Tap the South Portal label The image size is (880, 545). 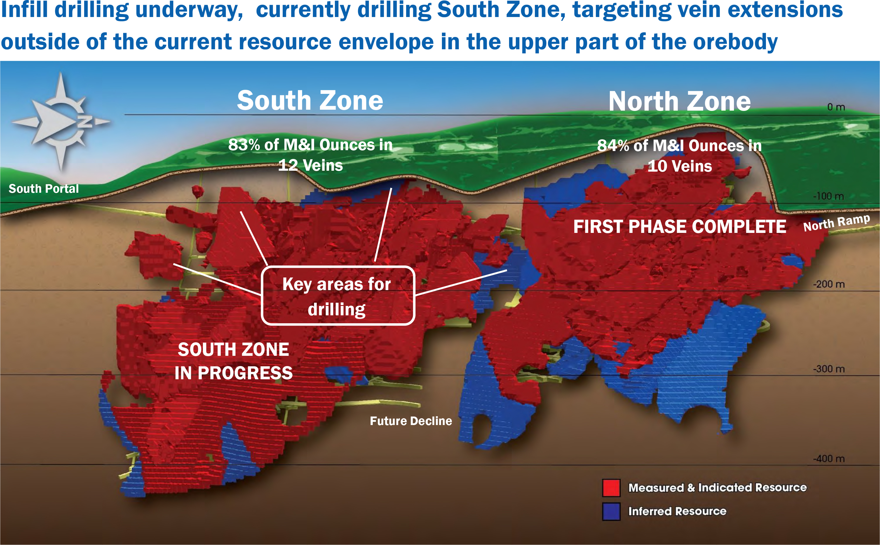tap(44, 189)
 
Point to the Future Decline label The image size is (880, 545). tap(411, 421)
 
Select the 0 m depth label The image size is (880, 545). tap(836, 107)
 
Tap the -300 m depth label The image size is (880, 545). tap(828, 369)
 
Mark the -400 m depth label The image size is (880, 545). tap(828, 458)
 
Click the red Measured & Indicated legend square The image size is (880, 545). tap(611, 488)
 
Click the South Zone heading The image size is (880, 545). tap(310, 101)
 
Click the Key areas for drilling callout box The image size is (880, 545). tap(338, 296)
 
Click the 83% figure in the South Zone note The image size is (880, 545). tap(244, 145)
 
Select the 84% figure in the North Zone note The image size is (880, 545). tap(613, 145)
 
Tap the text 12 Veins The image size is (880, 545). tap(310, 165)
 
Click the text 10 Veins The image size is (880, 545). tap(680, 166)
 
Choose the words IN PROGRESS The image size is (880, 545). tap(233, 373)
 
